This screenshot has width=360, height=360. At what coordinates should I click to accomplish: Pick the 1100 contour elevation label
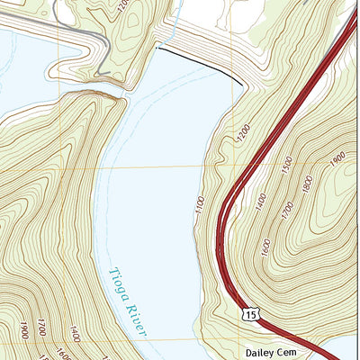200,204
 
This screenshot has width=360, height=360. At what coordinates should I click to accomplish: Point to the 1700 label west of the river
41,333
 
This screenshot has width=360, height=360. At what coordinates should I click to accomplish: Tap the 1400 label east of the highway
261,201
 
